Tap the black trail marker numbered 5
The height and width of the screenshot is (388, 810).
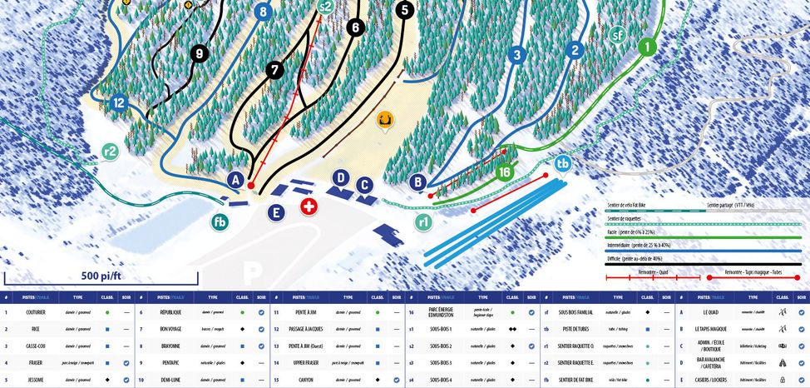tap(404, 11)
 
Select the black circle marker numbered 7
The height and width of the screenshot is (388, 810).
tap(275, 71)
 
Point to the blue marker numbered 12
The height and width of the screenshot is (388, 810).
tap(118, 103)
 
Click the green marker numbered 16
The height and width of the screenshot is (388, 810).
tap(504, 172)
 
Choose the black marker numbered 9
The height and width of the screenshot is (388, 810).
tap(198, 54)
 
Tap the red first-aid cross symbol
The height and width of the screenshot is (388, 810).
tap(309, 206)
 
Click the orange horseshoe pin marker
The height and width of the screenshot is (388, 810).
tap(384, 122)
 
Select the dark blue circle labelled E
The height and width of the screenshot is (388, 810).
tap(275, 212)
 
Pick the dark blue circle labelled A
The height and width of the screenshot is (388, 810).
tap(237, 180)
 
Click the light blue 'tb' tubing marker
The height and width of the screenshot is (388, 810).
tap(563, 163)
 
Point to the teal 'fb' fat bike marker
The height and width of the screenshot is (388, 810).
tap(220, 221)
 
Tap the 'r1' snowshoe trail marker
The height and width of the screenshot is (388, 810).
tap(423, 222)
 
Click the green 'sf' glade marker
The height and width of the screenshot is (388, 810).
tap(617, 36)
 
